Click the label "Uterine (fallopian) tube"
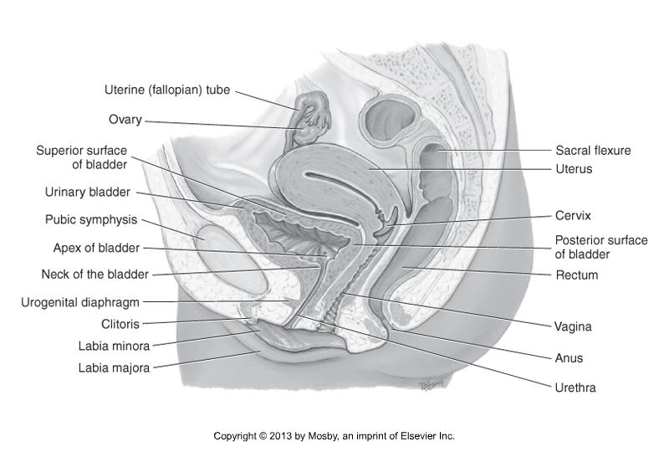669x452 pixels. tap(167, 90)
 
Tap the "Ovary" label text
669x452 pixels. tap(125, 120)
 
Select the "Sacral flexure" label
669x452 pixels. tap(593, 151)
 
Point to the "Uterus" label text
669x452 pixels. tap(574, 169)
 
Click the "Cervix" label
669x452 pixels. tap(573, 215)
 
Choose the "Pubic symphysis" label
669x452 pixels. tap(91, 219)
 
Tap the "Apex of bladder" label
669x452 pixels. tap(96, 248)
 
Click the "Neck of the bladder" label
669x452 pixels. tap(94, 275)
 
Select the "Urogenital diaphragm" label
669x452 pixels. tap(80, 302)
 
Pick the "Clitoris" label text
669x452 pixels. tap(120, 324)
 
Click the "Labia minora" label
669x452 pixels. tap(114, 346)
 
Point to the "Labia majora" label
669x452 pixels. tap(114, 367)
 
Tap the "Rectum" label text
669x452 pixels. tap(577, 275)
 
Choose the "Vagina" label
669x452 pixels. tap(573, 327)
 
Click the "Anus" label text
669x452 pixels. tap(569, 358)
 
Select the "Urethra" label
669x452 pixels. tap(575, 388)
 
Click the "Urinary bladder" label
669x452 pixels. tap(88, 193)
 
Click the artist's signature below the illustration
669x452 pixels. tap(432, 383)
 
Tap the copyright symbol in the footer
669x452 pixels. tap(263, 436)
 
